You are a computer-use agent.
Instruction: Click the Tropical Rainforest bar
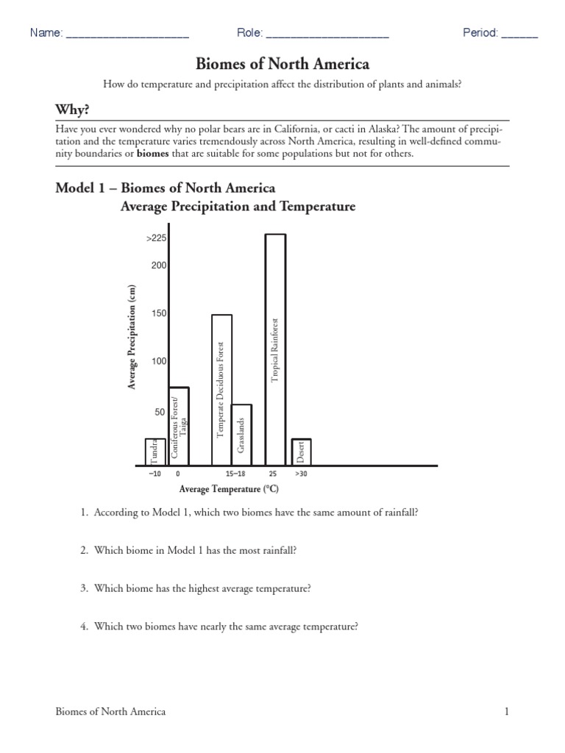point(275,349)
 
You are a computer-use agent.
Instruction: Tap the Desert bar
point(302,452)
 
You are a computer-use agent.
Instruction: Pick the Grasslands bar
point(241,435)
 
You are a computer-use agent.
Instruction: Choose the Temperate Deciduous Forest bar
point(221,390)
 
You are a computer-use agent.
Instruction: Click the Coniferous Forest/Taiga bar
point(179,426)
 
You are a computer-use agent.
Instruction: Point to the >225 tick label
point(157,238)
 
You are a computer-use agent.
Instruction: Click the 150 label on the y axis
point(159,313)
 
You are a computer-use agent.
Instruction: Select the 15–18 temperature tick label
point(236,474)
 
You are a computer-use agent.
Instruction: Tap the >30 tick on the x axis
point(301,474)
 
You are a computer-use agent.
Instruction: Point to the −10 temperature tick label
point(154,474)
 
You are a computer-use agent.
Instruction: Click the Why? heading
point(72,110)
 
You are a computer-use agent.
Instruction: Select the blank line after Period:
point(520,35)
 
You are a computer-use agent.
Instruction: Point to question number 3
point(85,588)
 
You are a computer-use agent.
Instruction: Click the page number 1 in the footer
point(507,711)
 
